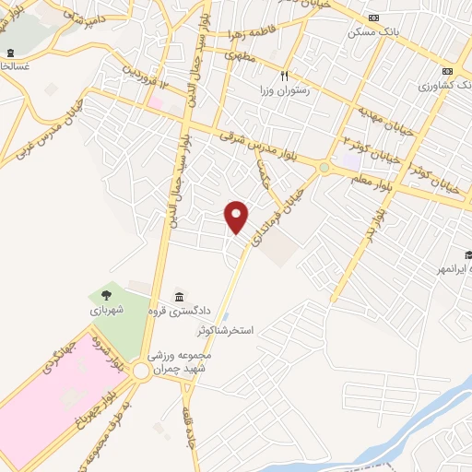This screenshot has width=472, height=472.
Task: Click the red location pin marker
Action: click(237, 217)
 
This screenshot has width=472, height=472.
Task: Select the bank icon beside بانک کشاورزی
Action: click(449, 72)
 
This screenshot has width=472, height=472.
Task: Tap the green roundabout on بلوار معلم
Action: click(324, 167)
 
